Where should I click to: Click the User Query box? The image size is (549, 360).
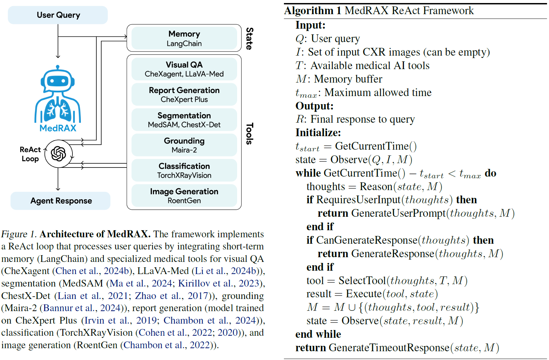[x=58, y=15]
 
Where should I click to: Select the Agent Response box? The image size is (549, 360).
[x=61, y=201]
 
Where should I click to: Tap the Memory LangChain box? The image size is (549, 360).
[x=184, y=38]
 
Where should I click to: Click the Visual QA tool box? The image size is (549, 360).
[x=184, y=69]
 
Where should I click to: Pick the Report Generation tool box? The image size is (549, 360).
[x=184, y=95]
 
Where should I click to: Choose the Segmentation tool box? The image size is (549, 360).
[x=184, y=120]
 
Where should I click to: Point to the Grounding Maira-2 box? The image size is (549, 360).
[x=184, y=145]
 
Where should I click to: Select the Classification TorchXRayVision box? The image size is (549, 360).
[x=184, y=171]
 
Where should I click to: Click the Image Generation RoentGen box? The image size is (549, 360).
[x=184, y=196]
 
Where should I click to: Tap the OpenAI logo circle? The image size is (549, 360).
[x=58, y=154]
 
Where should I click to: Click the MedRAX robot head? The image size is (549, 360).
[x=58, y=81]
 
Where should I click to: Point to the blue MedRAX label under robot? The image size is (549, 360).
[x=58, y=128]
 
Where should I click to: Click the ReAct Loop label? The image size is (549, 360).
[x=30, y=154]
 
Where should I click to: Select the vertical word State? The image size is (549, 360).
[x=249, y=38]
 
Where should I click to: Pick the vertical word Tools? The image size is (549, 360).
[x=249, y=133]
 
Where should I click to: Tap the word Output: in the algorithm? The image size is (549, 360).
[x=314, y=106]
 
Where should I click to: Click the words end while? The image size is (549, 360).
[x=318, y=334]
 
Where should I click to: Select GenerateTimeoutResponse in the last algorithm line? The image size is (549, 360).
[x=389, y=348]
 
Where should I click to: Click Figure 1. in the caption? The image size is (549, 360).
[x=19, y=234]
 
